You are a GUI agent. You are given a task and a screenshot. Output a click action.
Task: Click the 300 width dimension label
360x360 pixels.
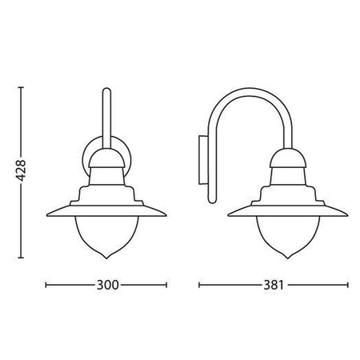[x=106, y=285]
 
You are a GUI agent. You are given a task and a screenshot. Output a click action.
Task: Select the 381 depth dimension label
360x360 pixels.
[x=272, y=285]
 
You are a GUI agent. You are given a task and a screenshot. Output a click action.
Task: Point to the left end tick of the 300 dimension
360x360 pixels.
[x=46, y=285]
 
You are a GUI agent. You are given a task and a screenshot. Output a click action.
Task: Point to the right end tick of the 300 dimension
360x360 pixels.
[x=167, y=285]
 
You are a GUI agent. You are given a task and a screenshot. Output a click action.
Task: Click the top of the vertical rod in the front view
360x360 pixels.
[x=106, y=93]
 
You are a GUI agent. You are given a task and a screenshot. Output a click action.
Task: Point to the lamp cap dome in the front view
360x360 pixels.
[x=106, y=158]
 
